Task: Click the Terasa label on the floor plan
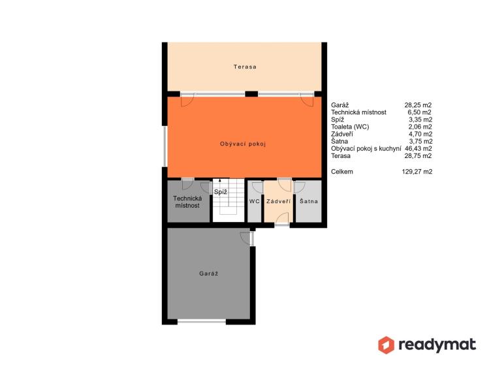(x=245, y=67)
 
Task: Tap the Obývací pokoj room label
(x=243, y=144)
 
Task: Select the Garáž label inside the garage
(x=209, y=274)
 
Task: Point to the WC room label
(x=255, y=201)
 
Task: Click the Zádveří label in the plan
(x=279, y=201)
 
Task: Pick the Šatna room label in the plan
(x=309, y=201)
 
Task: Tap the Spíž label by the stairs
(x=221, y=192)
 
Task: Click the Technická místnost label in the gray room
(x=187, y=202)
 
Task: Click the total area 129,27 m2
(x=417, y=172)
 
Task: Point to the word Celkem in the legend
(x=342, y=172)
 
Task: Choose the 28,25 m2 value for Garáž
(x=418, y=105)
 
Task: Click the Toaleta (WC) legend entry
(x=350, y=127)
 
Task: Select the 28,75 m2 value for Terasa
(x=418, y=156)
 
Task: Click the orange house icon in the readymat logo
(x=386, y=345)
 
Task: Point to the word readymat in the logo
(x=437, y=345)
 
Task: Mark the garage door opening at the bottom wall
(x=202, y=321)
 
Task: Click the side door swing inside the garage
(x=245, y=238)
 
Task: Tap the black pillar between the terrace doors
(x=251, y=94)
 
